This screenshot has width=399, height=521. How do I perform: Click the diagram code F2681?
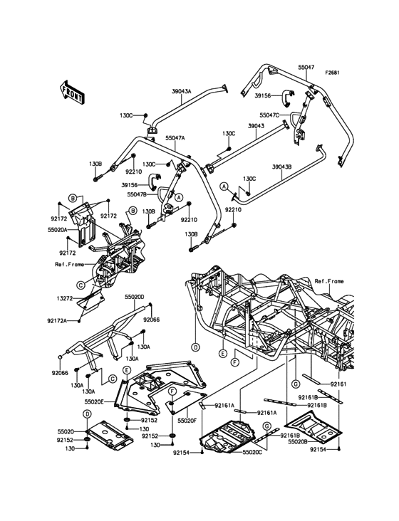(x=332, y=73)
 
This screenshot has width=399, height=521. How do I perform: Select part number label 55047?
(x=306, y=67)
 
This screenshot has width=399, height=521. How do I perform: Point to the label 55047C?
(x=269, y=115)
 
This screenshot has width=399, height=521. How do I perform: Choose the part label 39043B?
(x=281, y=167)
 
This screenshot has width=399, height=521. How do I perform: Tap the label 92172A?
(x=57, y=320)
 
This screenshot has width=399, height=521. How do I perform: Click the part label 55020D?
(x=135, y=296)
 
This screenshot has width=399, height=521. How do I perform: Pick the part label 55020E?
(x=95, y=401)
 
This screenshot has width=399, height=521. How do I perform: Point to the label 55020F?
(x=187, y=421)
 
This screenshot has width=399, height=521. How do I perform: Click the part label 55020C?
(x=252, y=452)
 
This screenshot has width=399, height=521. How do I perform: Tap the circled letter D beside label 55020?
(x=87, y=414)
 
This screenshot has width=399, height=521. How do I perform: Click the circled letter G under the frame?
(x=295, y=384)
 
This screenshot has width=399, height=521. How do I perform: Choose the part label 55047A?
(x=175, y=138)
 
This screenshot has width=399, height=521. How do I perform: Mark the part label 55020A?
(x=58, y=229)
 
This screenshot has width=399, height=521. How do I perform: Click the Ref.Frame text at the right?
(x=329, y=281)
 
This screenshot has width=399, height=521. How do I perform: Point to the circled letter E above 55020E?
(x=127, y=369)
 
